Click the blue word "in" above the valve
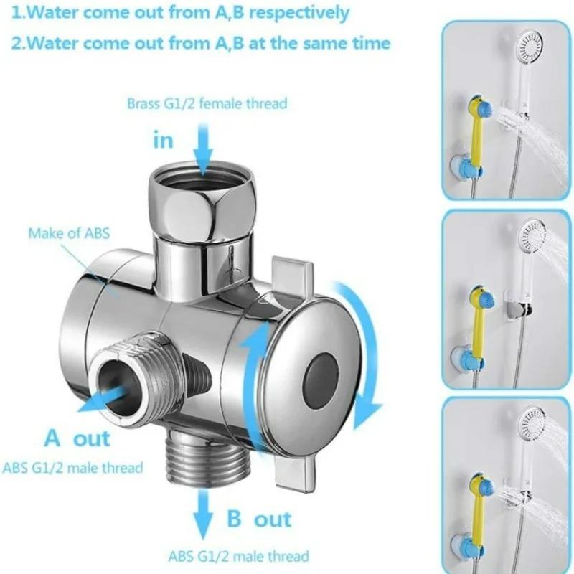click(164, 140)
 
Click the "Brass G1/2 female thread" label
click(207, 104)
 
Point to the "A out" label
click(77, 438)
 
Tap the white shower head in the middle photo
click(531, 237)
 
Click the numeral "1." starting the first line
click(19, 13)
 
